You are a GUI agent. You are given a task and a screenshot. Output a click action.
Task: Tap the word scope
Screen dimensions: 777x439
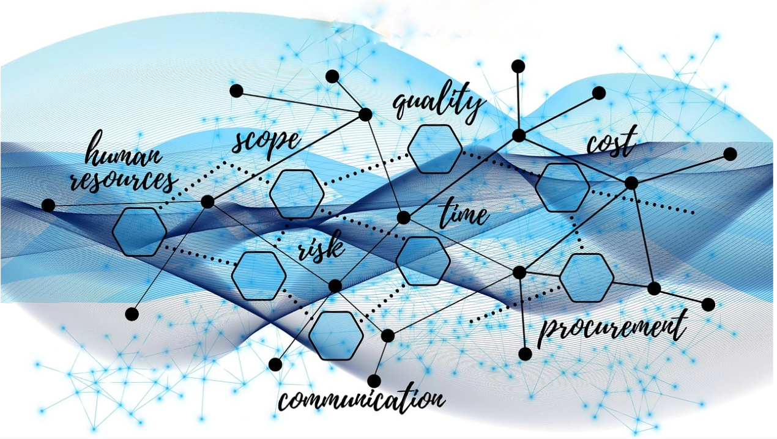point(266,143)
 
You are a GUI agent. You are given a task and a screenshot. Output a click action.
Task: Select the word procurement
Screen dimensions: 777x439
point(612,328)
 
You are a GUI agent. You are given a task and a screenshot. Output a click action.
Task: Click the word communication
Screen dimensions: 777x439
point(362,399)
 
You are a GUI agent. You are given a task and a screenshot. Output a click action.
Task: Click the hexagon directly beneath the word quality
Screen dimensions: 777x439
point(434,149)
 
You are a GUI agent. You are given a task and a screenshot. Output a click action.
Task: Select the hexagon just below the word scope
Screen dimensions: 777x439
point(297,194)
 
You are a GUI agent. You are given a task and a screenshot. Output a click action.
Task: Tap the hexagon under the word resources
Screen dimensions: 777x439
point(139,232)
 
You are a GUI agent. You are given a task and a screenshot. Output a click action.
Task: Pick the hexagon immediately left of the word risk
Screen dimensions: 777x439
point(259,276)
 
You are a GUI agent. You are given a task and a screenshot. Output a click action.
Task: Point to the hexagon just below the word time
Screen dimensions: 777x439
point(423,261)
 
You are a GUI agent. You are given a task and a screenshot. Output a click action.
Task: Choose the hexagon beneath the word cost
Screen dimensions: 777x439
point(562,188)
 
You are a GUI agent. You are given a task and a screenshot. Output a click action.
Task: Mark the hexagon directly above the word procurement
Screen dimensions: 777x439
point(587,278)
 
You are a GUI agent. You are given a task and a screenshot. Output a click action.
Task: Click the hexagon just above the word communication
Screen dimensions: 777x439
point(336,336)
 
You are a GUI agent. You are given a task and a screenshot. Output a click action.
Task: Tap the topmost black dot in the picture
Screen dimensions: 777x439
point(518,66)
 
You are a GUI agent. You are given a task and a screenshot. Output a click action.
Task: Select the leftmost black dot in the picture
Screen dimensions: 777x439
point(48,205)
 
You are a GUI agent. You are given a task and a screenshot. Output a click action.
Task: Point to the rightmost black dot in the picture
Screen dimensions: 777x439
point(730,154)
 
